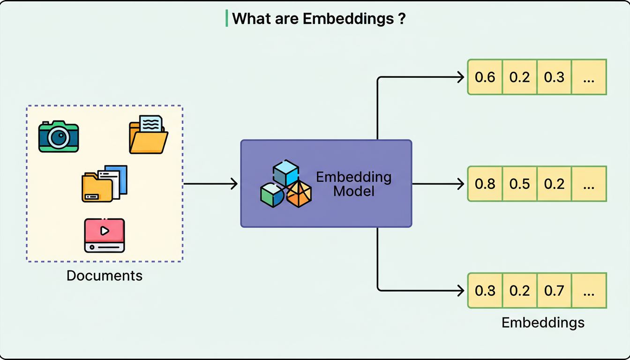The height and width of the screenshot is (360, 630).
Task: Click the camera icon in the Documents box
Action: (59, 136)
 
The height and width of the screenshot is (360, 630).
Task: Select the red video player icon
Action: (105, 235)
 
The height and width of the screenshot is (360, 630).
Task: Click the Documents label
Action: (105, 275)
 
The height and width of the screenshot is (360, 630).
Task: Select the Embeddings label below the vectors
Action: (543, 322)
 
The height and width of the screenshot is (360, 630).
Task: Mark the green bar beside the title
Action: (227, 19)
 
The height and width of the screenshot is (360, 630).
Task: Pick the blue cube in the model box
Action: (286, 172)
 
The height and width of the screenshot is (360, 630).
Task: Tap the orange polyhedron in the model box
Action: (299, 194)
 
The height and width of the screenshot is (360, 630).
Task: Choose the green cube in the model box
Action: (272, 195)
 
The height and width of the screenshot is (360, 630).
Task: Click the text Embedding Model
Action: (354, 184)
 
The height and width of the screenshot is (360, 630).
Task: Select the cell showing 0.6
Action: (485, 77)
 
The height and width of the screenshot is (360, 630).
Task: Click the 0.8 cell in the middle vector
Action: (485, 184)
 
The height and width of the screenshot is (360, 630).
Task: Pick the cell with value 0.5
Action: (519, 184)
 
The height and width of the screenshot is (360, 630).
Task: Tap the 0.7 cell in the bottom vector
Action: (554, 291)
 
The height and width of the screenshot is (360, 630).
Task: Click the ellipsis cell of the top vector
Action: (589, 77)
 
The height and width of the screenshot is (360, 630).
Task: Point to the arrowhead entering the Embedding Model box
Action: (235, 184)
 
